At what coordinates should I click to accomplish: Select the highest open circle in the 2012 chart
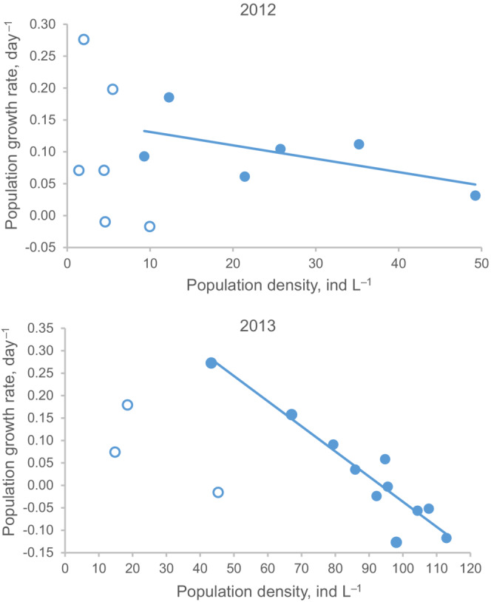pos(84,40)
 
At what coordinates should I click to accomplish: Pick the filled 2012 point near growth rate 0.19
pos(169,98)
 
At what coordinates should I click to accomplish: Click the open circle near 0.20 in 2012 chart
pos(112,89)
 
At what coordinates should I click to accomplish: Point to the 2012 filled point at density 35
pos(359,144)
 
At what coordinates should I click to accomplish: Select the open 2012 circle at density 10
pos(150,226)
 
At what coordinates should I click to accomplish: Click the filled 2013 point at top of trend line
pos(211,363)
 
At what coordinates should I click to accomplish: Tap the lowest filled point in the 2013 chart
pos(396,542)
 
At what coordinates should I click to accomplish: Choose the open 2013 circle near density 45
pos(218,493)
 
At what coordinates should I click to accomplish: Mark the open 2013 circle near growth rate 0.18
pos(127,405)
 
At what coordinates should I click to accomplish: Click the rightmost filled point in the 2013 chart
pos(446,538)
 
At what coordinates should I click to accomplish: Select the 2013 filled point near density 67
pos(291,415)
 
